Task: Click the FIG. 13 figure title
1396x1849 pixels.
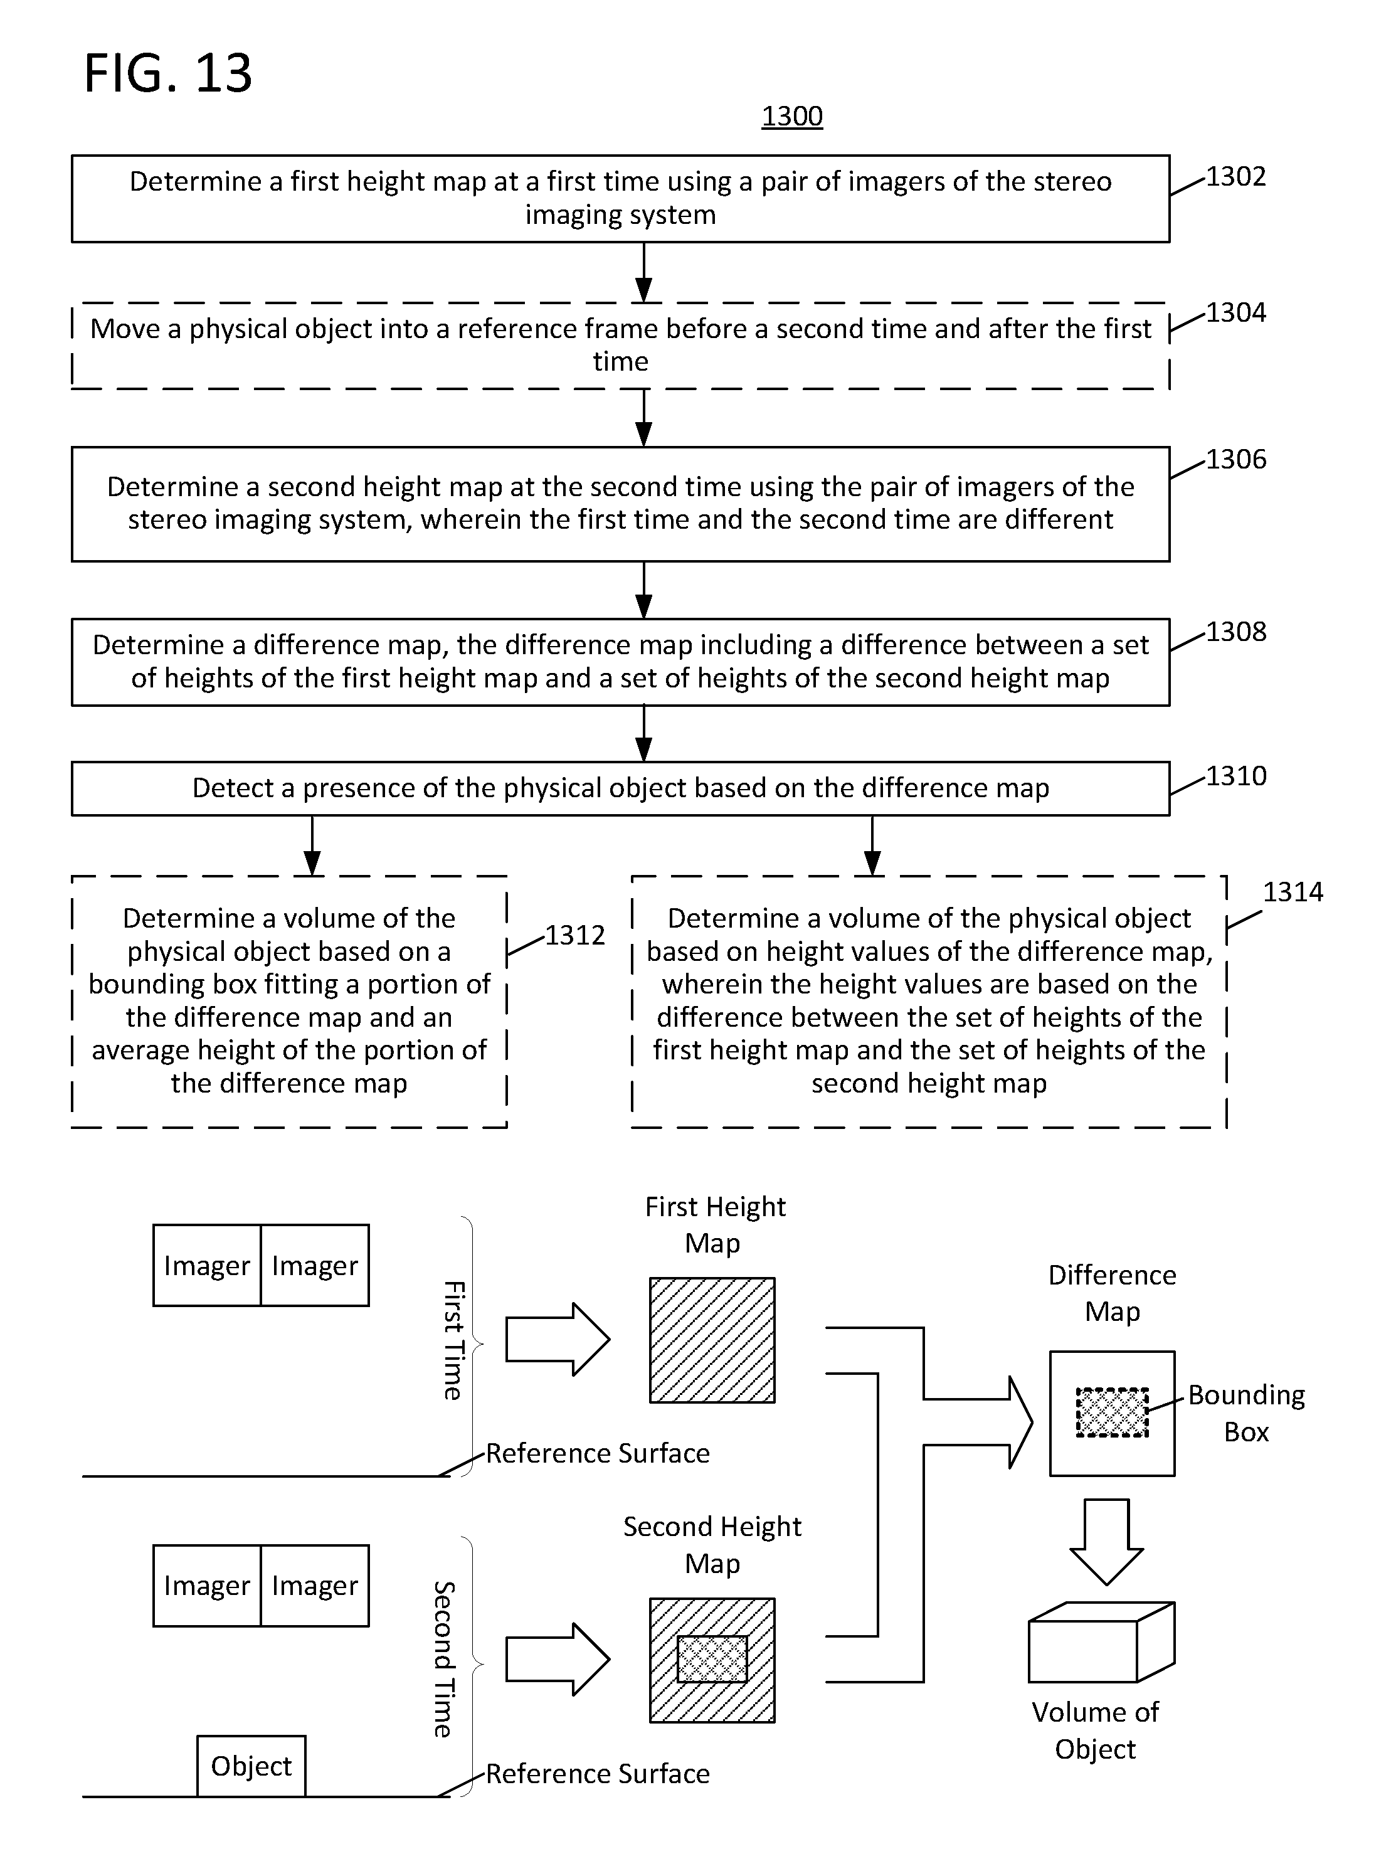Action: point(168,73)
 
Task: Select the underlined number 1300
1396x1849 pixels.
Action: point(791,116)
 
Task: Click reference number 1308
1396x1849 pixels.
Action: point(1235,632)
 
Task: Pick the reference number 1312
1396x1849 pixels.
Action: point(575,935)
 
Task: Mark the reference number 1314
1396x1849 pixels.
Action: point(1293,892)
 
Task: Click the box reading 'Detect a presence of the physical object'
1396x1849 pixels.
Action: point(620,788)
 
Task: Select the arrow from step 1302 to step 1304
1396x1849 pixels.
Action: point(643,272)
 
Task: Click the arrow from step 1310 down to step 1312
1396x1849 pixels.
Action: point(312,846)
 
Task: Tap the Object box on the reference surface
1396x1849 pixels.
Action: point(251,1766)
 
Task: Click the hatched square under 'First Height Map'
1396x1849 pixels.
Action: point(712,1340)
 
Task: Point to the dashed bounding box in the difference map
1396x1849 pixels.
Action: point(1112,1412)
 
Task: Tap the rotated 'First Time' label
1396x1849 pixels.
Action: point(452,1340)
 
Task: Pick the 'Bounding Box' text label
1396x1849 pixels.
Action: point(1246,1412)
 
